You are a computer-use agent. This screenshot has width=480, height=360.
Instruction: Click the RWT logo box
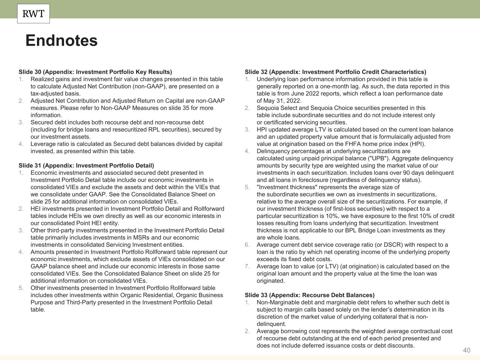point(33,14)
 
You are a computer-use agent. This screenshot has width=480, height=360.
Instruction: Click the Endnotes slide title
point(62,40)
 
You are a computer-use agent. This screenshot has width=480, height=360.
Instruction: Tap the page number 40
point(467,350)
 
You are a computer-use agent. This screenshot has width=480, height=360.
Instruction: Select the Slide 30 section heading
point(95,72)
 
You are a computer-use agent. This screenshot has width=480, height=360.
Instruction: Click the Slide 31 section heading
point(86,166)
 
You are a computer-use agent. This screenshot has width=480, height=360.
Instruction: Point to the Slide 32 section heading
point(335,72)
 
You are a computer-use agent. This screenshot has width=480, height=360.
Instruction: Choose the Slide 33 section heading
point(309,295)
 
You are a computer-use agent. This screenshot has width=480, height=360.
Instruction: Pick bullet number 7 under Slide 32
point(248,266)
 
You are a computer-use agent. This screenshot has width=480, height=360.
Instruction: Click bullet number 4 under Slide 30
point(21,144)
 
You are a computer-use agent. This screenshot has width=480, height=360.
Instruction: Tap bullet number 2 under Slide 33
point(248,331)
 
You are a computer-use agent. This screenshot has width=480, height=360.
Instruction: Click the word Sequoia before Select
point(268,108)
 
